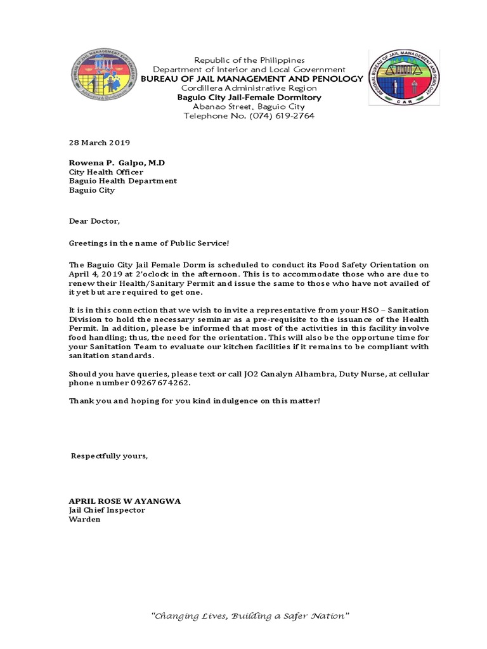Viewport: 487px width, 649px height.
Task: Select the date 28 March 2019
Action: [x=99, y=143]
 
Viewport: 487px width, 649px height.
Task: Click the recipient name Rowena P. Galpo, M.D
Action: [x=117, y=163]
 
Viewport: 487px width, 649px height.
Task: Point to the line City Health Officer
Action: [x=106, y=172]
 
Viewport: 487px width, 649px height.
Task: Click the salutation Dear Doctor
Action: [x=94, y=221]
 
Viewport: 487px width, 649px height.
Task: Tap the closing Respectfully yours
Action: [x=110, y=456]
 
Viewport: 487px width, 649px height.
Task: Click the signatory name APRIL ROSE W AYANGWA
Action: [x=124, y=501]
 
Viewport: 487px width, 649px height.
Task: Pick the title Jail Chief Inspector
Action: [x=107, y=510]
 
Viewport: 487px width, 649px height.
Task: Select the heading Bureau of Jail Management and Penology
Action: [x=252, y=79]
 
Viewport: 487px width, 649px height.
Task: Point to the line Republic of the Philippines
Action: [x=249, y=60]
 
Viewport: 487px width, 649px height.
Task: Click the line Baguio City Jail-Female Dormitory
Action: [x=249, y=98]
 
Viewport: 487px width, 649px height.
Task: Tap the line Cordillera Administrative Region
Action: [x=249, y=88]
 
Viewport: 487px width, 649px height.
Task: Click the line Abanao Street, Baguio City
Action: [x=249, y=107]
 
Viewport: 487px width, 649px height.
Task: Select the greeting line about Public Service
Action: [x=148, y=243]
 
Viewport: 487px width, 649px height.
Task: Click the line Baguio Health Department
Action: [x=123, y=181]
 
